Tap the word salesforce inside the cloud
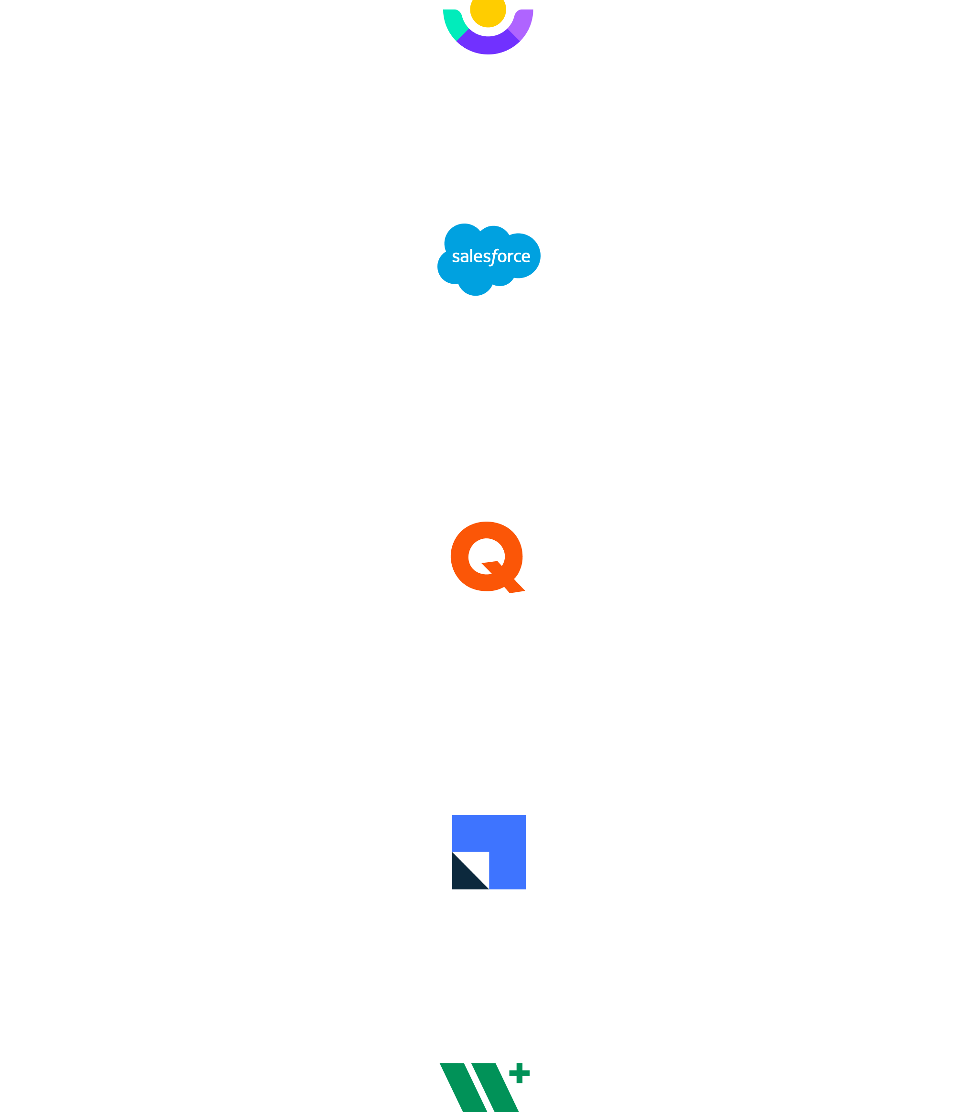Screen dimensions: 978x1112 tap(490, 256)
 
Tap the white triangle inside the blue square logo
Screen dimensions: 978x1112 tap(478, 863)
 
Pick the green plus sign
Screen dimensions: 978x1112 tap(519, 1073)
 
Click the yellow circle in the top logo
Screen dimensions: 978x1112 tap(488, 11)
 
